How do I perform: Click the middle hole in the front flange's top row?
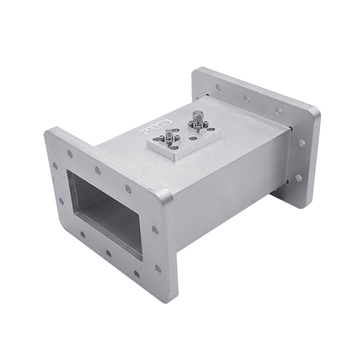click(x=97, y=171)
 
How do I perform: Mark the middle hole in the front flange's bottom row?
click(x=109, y=253)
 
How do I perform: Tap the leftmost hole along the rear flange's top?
click(x=217, y=87)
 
